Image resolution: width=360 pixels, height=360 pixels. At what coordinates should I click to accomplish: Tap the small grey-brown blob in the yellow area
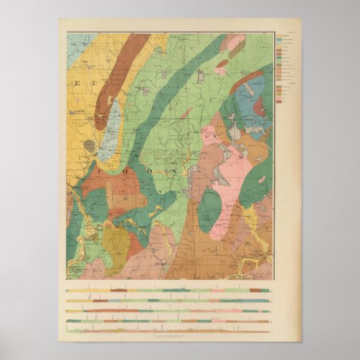click(88, 145)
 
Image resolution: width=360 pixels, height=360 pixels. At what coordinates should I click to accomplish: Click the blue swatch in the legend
click(279, 58)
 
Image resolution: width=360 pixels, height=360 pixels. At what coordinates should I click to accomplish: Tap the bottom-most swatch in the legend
click(279, 102)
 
